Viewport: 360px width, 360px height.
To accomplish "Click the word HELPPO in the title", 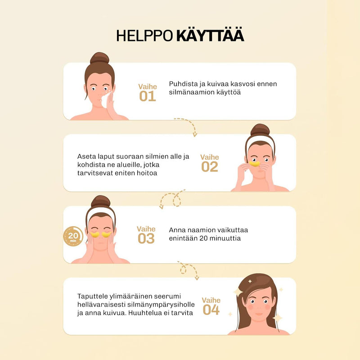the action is pos(144,36).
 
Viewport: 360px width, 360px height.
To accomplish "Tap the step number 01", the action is pos(148,96).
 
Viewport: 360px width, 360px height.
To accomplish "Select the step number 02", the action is pos(210,166).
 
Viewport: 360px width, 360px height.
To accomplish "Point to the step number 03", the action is pos(146,238).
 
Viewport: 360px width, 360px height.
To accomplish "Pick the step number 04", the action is pos(211,310).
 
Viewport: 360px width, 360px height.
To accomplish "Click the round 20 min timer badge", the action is pos(73,236).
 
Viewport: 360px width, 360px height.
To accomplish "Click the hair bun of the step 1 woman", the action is pos(99,58).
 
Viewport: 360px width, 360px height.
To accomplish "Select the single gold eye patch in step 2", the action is pos(255,164).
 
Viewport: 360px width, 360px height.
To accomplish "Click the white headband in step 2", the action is pos(260,140).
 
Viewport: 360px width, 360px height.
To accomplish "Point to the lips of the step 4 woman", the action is pos(259,314).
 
